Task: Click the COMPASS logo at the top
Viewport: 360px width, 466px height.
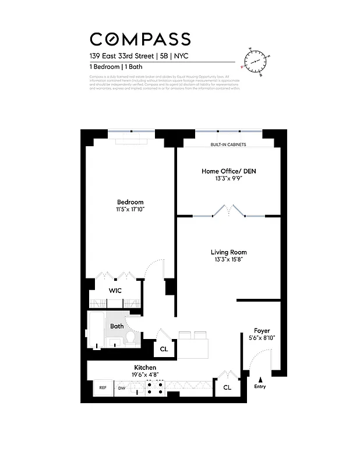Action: point(140,39)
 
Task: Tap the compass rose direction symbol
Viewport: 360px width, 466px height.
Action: point(256,61)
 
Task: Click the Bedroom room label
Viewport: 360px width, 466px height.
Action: point(130,202)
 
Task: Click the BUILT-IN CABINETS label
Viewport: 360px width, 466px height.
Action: point(228,144)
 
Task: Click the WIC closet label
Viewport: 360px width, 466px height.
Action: point(115,290)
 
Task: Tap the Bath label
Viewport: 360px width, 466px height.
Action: point(117,326)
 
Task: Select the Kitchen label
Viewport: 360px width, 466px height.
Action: point(145,368)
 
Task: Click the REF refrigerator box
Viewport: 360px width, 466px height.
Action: point(103,387)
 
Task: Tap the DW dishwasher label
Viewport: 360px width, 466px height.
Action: point(122,388)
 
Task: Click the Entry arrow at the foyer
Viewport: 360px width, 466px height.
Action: point(260,379)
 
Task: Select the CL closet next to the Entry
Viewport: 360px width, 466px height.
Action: point(227,387)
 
